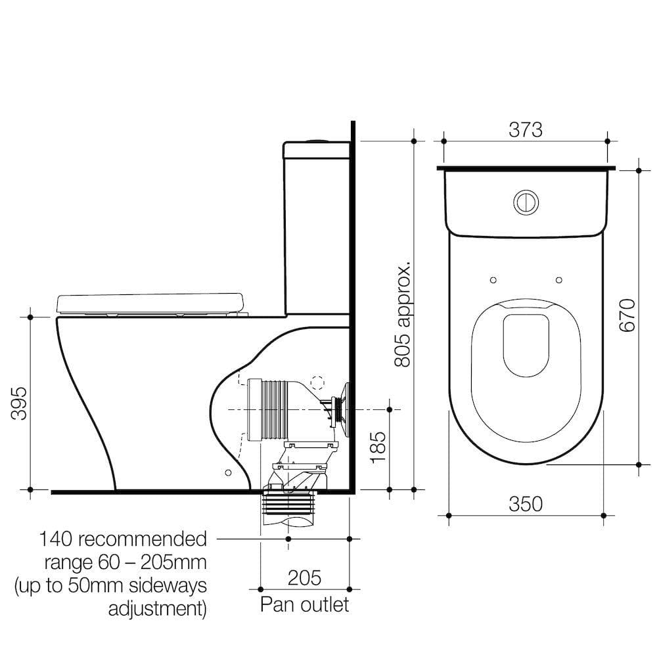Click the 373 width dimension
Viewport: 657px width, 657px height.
click(x=526, y=130)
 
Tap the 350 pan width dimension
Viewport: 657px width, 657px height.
click(x=526, y=504)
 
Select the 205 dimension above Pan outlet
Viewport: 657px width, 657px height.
click(x=305, y=578)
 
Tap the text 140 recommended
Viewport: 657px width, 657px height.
click(x=123, y=539)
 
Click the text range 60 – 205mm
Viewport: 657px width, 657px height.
click(x=125, y=562)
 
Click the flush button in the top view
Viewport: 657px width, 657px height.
click(x=526, y=202)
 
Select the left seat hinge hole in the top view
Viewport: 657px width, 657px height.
click(x=493, y=280)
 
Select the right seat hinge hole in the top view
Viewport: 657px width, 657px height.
click(x=558, y=280)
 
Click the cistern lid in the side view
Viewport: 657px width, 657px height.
click(x=316, y=150)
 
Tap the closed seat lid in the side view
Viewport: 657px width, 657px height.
click(x=150, y=302)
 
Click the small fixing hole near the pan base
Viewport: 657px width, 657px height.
click(x=228, y=472)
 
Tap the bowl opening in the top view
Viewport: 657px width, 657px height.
click(x=526, y=345)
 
